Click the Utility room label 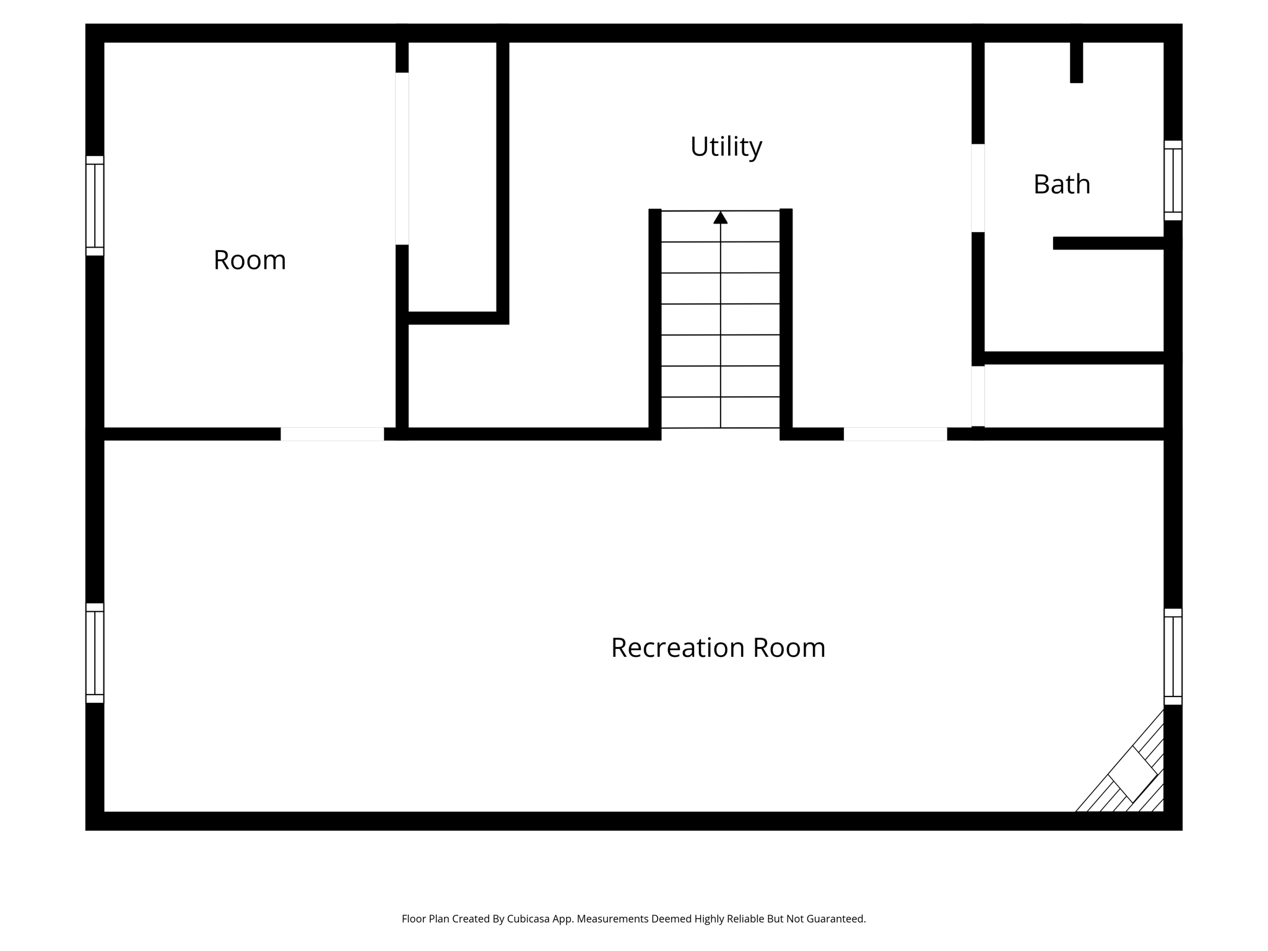click(726, 147)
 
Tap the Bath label click(1061, 185)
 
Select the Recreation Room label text click(718, 648)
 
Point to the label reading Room click(250, 260)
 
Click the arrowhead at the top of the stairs click(720, 218)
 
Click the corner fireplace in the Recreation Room click(1132, 774)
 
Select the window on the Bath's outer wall click(1173, 180)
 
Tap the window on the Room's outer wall click(95, 206)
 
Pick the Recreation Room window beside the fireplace click(1173, 656)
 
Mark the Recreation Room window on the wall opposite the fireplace click(95, 653)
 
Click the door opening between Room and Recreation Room click(332, 434)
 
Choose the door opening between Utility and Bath click(978, 188)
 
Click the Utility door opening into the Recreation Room click(895, 434)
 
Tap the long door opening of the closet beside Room click(402, 158)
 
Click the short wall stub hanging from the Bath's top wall click(1077, 61)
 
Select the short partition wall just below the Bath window click(1108, 243)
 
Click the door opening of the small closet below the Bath click(978, 396)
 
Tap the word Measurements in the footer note click(612, 919)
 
